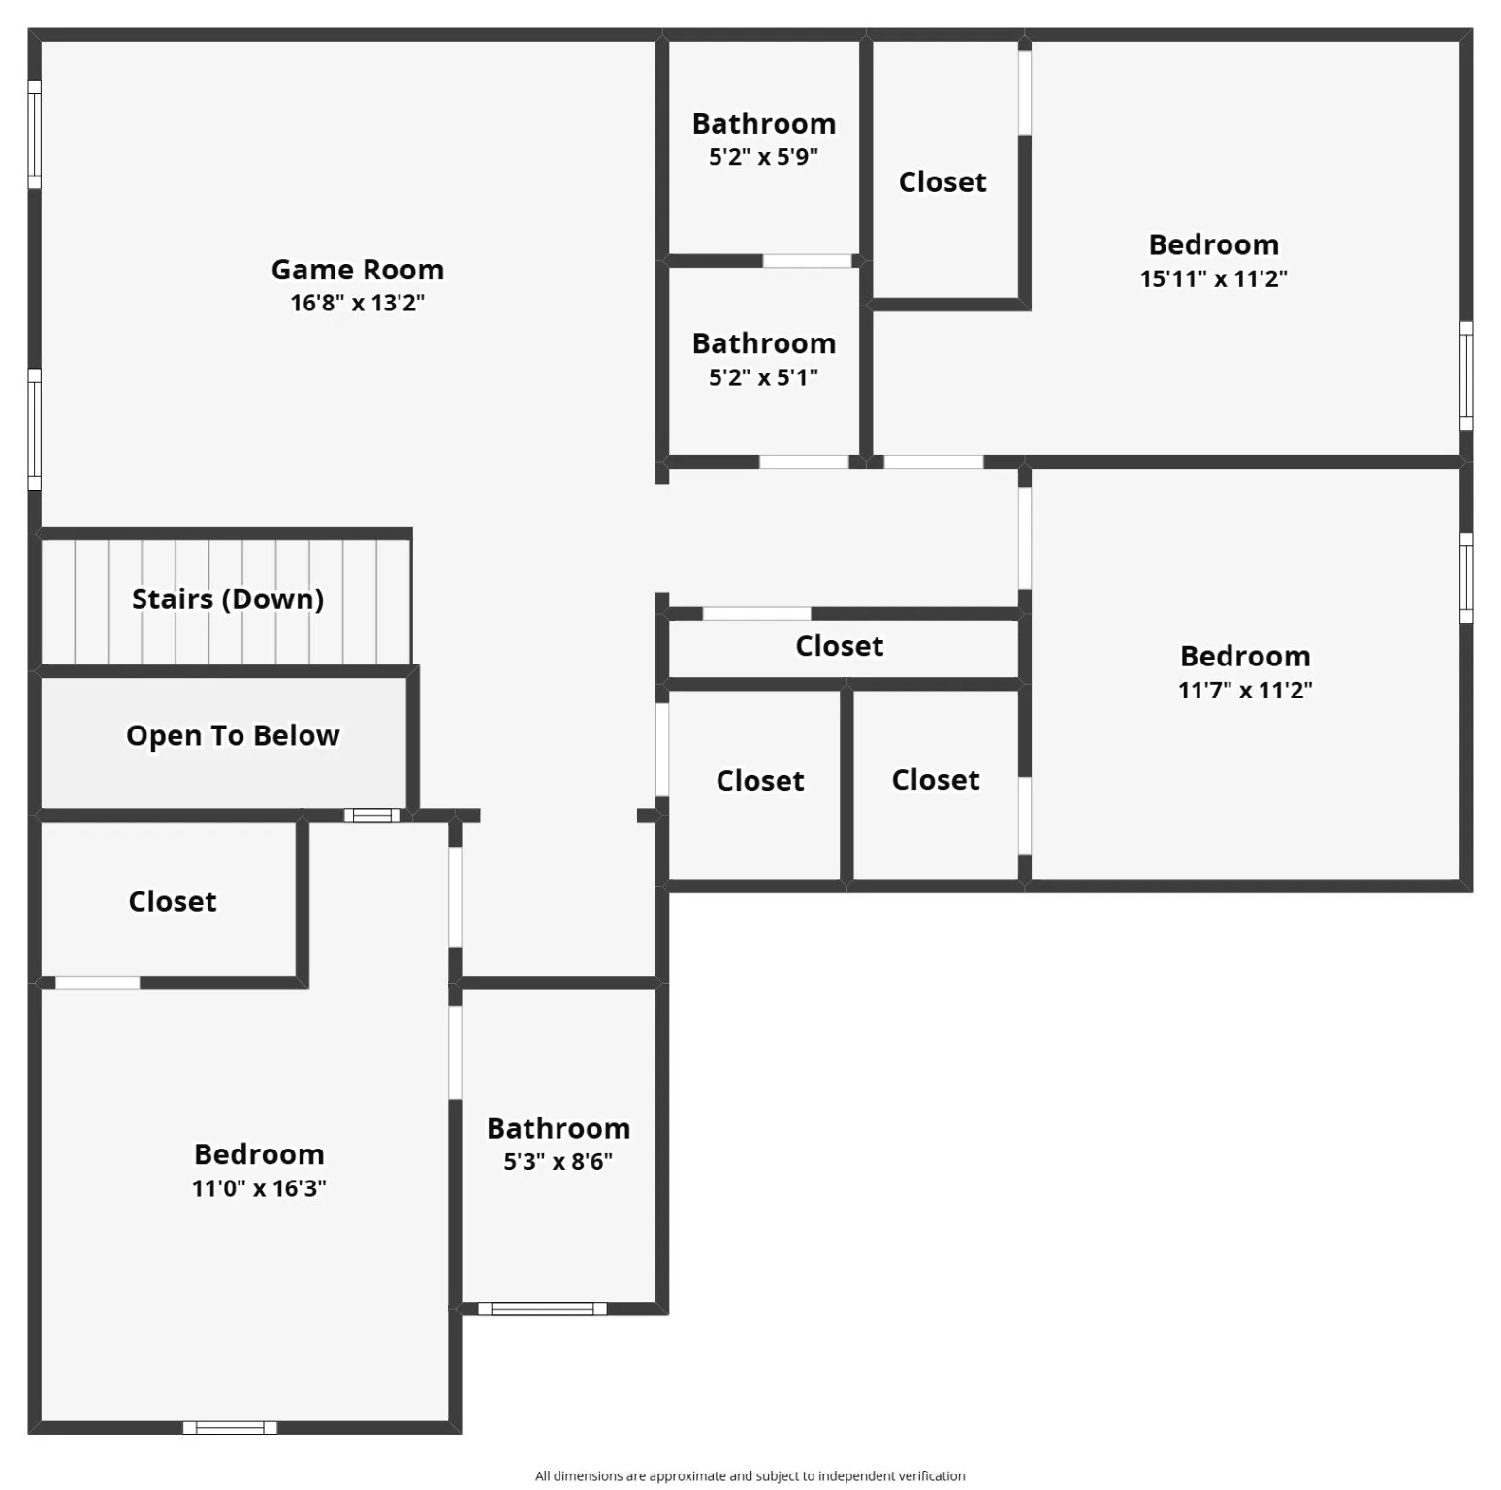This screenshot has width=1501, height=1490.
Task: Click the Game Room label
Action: click(x=357, y=270)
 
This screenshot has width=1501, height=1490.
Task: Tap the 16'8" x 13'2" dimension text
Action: click(x=357, y=303)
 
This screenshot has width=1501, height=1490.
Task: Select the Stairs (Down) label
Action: click(x=228, y=599)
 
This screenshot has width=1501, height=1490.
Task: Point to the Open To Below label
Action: click(x=233, y=735)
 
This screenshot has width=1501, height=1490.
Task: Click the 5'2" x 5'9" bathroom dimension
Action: click(x=763, y=157)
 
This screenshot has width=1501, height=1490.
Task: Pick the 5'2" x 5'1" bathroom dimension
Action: click(x=763, y=377)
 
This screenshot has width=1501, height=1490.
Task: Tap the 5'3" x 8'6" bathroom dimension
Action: click(x=558, y=1161)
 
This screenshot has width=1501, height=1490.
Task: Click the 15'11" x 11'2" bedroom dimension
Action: click(x=1213, y=278)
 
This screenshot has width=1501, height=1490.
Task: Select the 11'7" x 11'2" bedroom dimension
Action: click(x=1245, y=690)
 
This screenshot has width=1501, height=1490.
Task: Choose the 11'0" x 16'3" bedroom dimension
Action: click(x=259, y=1188)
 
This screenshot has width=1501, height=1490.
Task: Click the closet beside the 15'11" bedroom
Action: click(x=942, y=182)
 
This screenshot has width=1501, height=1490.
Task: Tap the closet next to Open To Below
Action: click(x=173, y=901)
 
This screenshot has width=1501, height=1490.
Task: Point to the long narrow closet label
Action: click(x=840, y=646)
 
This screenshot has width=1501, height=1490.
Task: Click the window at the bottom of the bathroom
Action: click(x=542, y=1309)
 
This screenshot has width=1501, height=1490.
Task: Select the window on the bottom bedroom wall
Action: click(x=230, y=1427)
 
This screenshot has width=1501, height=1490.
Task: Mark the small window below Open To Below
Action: click(x=372, y=815)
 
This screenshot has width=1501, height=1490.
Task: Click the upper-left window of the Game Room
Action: click(x=34, y=134)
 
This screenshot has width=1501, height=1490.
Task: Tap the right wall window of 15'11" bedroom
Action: click(x=1466, y=375)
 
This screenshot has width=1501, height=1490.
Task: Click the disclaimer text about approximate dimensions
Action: click(x=750, y=1475)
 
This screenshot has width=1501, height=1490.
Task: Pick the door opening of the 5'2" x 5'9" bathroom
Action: click(x=807, y=261)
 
